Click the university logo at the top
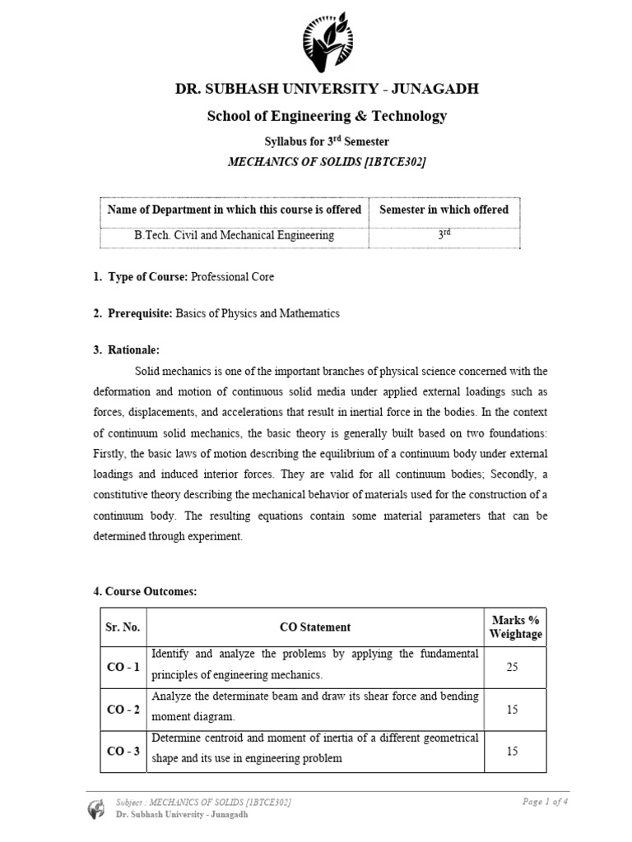pyautogui.click(x=327, y=41)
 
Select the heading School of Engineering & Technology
pyautogui.click(x=327, y=116)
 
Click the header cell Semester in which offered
pyautogui.click(x=444, y=210)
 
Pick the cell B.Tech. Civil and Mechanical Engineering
pyautogui.click(x=235, y=235)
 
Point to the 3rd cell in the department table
pyautogui.click(x=444, y=234)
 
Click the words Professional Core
pyautogui.click(x=233, y=277)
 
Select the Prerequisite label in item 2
pyautogui.click(x=137, y=313)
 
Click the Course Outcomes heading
pyautogui.click(x=145, y=591)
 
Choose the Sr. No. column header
pyautogui.click(x=123, y=627)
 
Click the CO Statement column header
pyautogui.click(x=315, y=627)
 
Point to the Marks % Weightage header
pyautogui.click(x=515, y=627)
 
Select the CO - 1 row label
pyautogui.click(x=123, y=667)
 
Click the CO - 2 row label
pyautogui.click(x=123, y=709)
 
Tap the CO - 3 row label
pyautogui.click(x=123, y=751)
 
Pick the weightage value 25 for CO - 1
pyautogui.click(x=512, y=667)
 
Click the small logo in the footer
pyautogui.click(x=97, y=807)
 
